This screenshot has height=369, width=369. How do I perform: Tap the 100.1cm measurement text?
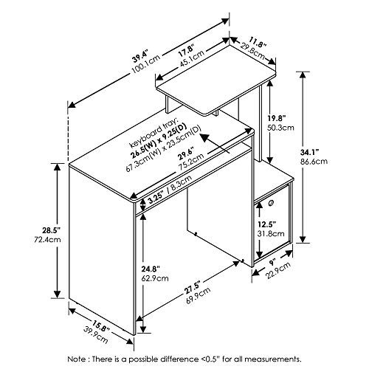pyautogui.click(x=146, y=63)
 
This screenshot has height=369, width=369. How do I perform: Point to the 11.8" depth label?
pyautogui.click(x=258, y=42)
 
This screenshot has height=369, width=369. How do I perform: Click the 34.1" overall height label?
pyautogui.click(x=309, y=153)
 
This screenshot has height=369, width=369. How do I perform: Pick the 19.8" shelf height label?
pyautogui.click(x=276, y=118)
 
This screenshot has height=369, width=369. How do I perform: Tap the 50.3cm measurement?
pyautogui.click(x=281, y=128)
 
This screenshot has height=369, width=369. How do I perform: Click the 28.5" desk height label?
pyautogui.click(x=51, y=230)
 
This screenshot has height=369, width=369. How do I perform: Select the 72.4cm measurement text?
pyautogui.click(x=48, y=239)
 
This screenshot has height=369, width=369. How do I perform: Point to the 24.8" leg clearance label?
pyautogui.click(x=151, y=269)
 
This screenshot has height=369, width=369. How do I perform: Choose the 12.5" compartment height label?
pyautogui.click(x=266, y=224)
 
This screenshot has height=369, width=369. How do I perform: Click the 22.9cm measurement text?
pyautogui.click(x=279, y=270)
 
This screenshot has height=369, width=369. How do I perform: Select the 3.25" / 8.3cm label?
pyautogui.click(x=170, y=190)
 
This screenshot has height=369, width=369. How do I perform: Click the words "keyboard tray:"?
pyautogui.click(x=154, y=133)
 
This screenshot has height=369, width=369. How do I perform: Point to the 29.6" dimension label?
pyautogui.click(x=186, y=156)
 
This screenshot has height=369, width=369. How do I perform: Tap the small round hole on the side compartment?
pyautogui.click(x=271, y=203)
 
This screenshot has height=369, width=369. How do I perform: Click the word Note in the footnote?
pyautogui.click(x=75, y=359)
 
